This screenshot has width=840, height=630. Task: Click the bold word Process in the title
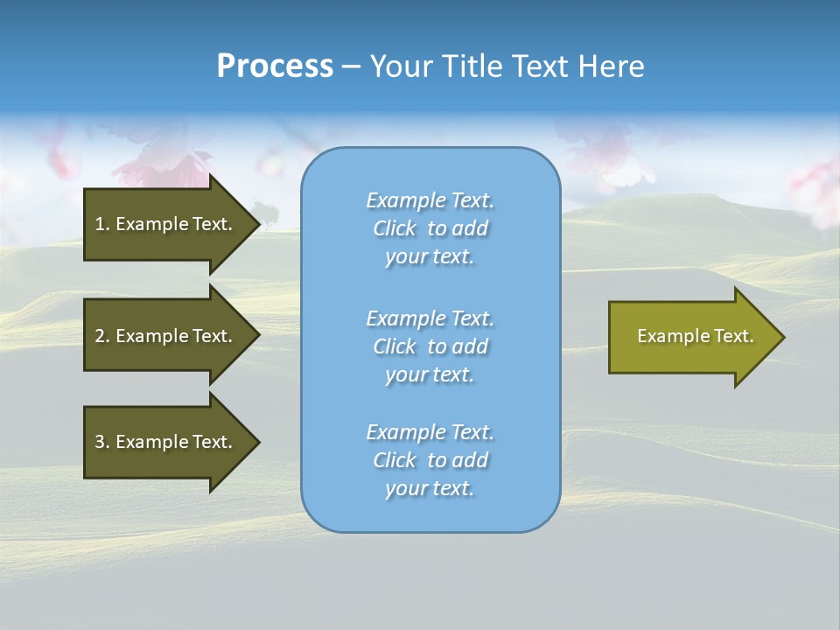(275, 66)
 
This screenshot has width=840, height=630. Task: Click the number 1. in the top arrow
(102, 224)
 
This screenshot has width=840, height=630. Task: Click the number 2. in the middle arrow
(102, 336)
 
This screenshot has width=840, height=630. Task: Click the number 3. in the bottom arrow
(102, 442)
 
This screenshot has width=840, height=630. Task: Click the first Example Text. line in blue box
(430, 200)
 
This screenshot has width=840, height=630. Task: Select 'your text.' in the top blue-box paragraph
(430, 256)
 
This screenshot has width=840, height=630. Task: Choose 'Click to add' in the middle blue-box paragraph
(430, 346)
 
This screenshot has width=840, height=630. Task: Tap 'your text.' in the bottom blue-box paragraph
(430, 488)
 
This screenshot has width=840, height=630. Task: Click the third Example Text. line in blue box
(430, 432)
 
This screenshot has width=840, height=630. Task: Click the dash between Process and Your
(351, 67)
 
